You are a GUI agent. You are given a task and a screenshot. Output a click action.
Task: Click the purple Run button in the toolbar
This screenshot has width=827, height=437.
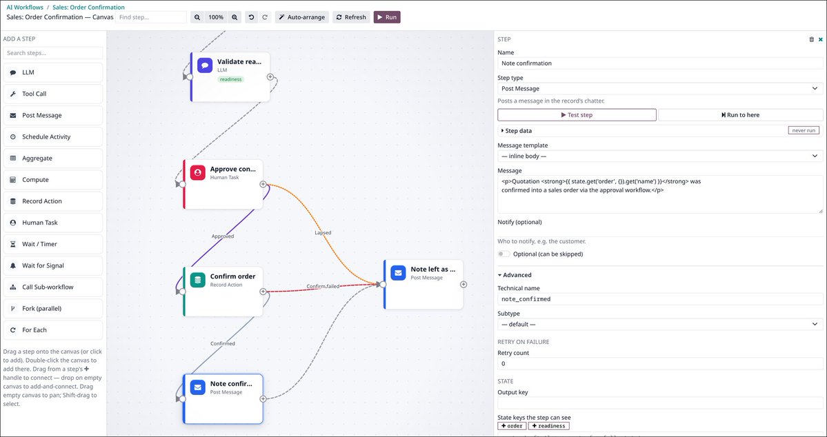point(387,17)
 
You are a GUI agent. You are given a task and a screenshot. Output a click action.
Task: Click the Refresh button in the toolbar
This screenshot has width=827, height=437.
point(351,17)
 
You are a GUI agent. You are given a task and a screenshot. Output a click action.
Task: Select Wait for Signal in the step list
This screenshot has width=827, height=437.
point(52,265)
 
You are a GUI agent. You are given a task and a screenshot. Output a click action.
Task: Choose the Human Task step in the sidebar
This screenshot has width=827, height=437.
point(52,223)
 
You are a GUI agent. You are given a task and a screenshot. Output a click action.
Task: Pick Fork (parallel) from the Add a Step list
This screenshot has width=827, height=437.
point(52,308)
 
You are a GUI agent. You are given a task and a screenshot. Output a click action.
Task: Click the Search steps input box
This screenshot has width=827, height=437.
point(52,52)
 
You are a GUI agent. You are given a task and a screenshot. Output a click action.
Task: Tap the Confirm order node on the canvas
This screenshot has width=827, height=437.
point(223,292)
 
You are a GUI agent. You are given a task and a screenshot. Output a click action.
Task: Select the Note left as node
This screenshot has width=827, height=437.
point(424,284)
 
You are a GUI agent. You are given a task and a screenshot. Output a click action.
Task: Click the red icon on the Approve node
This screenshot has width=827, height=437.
point(198,172)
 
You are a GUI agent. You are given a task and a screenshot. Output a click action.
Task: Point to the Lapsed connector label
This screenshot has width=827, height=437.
point(323,232)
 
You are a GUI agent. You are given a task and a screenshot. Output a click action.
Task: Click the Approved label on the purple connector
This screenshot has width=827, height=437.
point(223,236)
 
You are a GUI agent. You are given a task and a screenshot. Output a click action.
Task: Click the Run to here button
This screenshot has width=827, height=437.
point(741,115)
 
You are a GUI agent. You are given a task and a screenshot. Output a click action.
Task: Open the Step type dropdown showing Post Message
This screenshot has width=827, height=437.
point(660,88)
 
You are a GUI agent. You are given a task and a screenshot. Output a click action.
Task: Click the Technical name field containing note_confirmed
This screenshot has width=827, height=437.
point(660,299)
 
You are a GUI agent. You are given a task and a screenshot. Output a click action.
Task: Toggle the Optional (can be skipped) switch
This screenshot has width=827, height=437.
point(504,254)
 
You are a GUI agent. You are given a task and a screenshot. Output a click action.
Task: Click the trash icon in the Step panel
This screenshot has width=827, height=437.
point(811,39)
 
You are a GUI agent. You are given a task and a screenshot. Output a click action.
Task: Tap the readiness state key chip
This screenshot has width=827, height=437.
point(548,426)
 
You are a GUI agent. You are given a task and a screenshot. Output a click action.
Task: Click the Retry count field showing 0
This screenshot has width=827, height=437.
point(660,364)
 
